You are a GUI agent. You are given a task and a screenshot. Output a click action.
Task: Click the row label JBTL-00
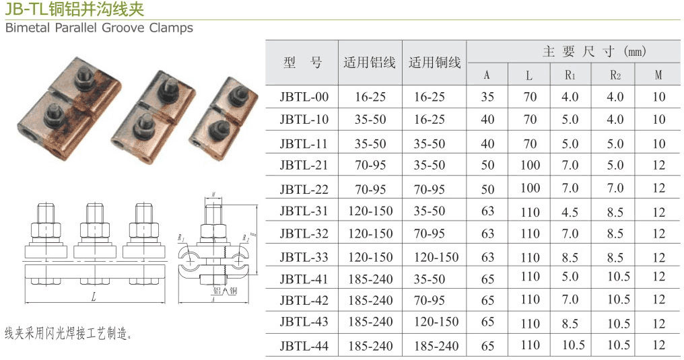tap(304, 97)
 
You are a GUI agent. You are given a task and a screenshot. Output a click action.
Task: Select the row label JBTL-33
tap(304, 257)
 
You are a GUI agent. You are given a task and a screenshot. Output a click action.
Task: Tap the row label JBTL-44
tap(304, 346)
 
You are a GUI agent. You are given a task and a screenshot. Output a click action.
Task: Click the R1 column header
tap(570, 75)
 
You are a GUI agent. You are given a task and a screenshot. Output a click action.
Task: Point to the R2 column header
tap(615, 75)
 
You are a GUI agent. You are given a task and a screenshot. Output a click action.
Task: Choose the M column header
tap(658, 75)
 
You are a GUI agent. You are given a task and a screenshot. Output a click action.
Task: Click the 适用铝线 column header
tap(370, 63)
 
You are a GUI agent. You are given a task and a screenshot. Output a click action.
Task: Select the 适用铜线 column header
tap(434, 63)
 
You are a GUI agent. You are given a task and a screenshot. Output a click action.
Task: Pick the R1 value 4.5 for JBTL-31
tap(570, 212)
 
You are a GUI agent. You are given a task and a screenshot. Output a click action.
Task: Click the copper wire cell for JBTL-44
tap(436, 346)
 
